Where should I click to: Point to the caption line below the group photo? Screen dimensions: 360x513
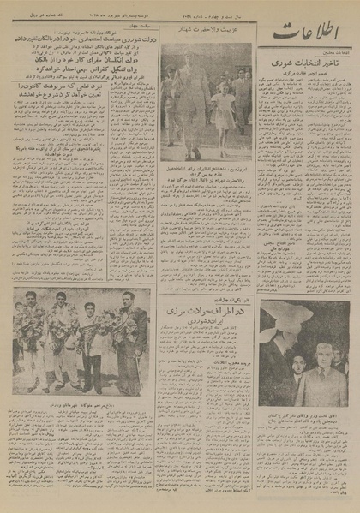point(81,403)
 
